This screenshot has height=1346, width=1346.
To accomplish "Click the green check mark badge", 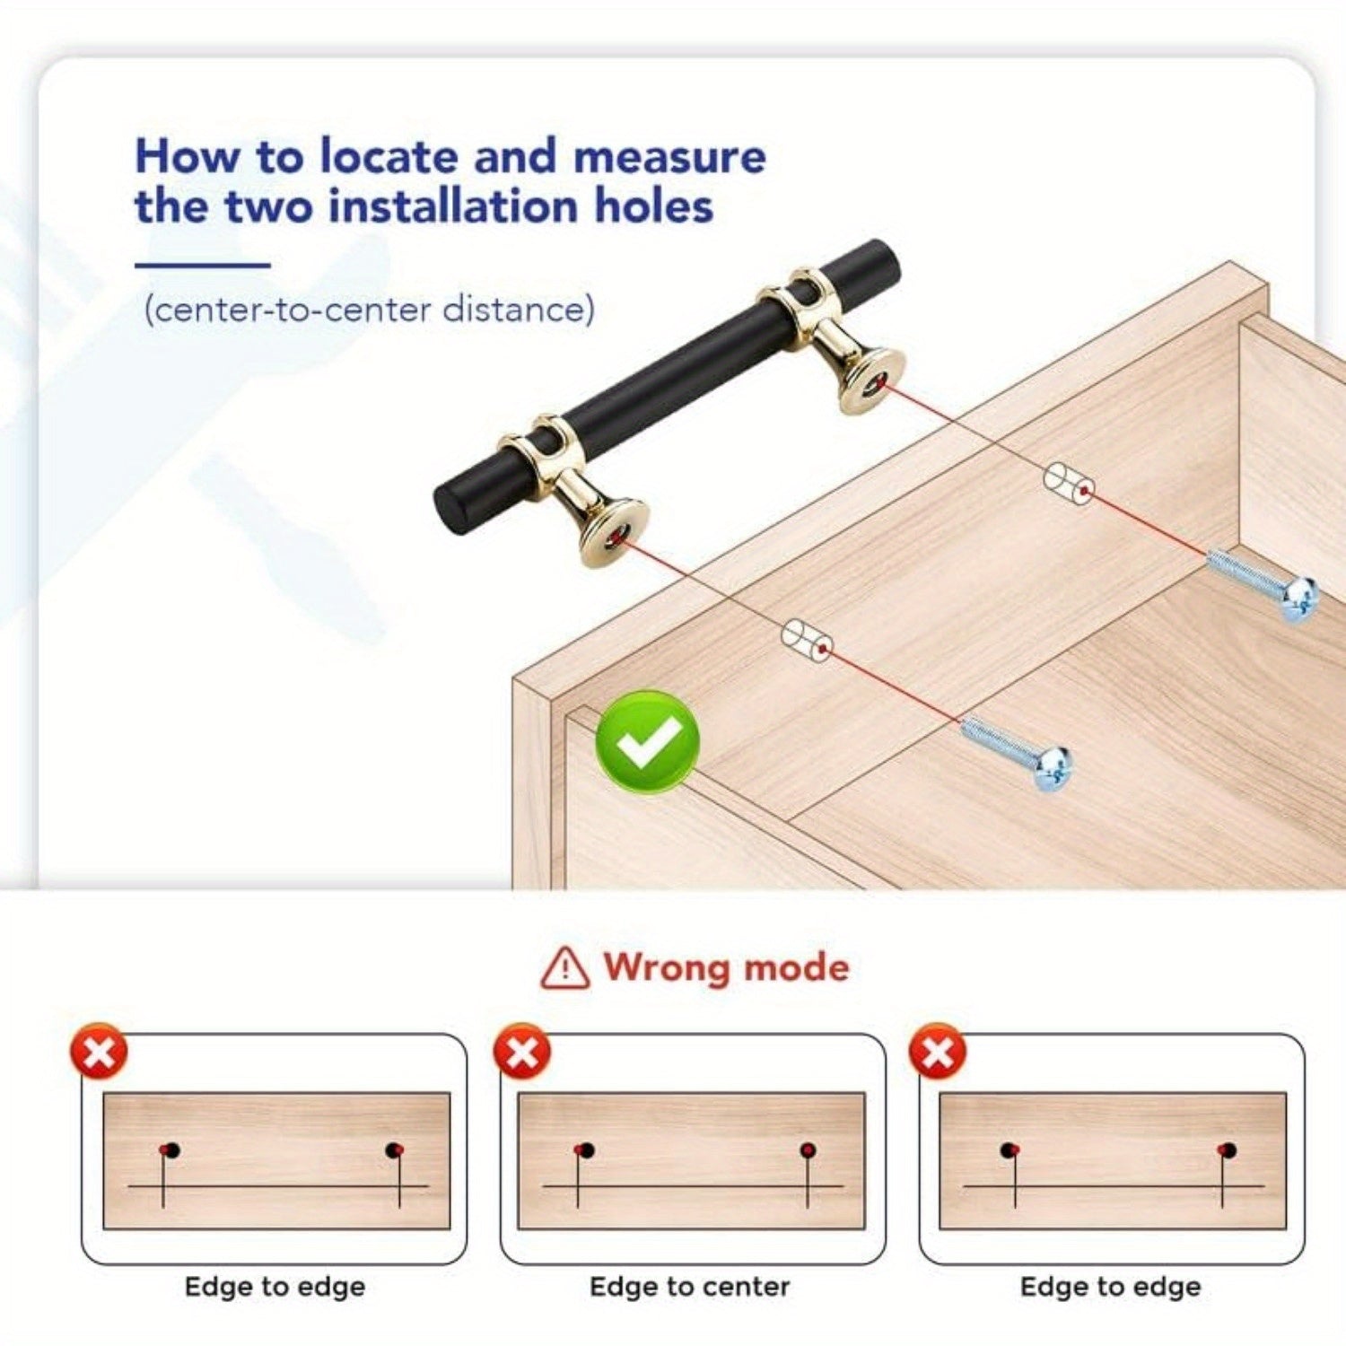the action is click(647, 741).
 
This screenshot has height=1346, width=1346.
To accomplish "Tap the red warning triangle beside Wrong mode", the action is click(565, 967).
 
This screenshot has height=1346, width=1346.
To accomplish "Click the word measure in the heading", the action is click(669, 156).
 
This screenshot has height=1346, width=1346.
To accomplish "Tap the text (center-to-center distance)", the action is click(369, 310).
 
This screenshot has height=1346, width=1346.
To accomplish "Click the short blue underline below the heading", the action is click(202, 265).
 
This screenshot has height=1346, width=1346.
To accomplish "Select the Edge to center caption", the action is click(690, 1287).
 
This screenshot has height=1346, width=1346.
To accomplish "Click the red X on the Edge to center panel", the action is click(522, 1051).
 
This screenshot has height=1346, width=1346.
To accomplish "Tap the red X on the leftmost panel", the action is click(100, 1051).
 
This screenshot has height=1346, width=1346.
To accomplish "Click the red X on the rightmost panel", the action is click(938, 1051).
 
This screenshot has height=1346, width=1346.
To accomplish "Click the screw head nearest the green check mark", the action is click(1052, 768).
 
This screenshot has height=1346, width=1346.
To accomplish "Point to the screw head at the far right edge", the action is click(1298, 599).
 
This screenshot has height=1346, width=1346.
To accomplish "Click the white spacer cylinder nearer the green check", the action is click(808, 640).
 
